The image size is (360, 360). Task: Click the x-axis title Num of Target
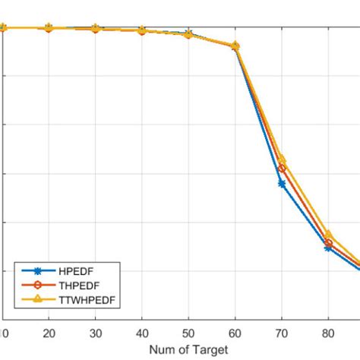188,350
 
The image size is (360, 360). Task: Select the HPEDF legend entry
79,271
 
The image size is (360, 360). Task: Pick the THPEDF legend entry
82,286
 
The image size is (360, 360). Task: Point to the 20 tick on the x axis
49,333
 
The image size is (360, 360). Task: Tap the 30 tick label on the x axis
96,333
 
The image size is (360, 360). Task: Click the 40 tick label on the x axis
142,333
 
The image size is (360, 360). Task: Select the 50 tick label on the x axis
188,333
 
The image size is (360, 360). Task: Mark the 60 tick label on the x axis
235,333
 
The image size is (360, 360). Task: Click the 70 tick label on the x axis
282,333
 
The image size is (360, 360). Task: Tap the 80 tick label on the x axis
328,333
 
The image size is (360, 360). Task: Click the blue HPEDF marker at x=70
282,183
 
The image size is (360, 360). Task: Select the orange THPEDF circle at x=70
282,168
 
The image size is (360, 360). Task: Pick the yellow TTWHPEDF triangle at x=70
282,159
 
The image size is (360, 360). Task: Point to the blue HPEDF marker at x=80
328,248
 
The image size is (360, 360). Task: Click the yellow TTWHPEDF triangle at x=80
328,235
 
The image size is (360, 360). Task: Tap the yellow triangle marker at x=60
235,46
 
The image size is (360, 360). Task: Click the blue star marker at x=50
188,33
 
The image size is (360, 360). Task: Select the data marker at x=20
49,27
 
